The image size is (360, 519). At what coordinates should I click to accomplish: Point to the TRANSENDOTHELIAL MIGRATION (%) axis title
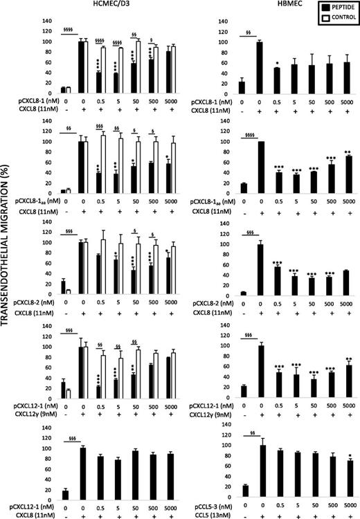[8, 259]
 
